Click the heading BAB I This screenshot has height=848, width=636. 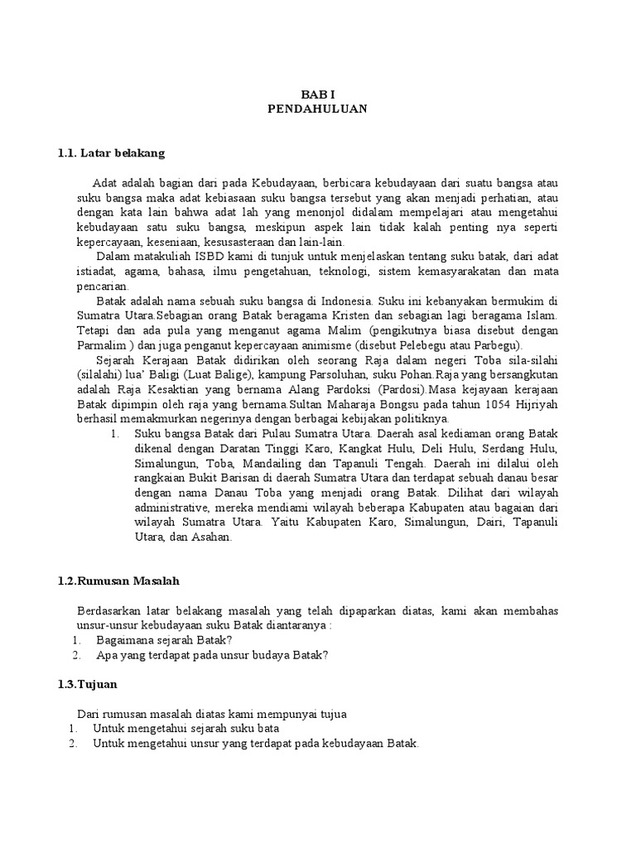(318, 94)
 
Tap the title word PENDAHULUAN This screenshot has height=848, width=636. (318, 108)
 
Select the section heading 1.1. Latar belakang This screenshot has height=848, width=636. (112, 153)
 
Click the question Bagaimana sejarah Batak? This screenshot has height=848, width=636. (164, 640)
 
